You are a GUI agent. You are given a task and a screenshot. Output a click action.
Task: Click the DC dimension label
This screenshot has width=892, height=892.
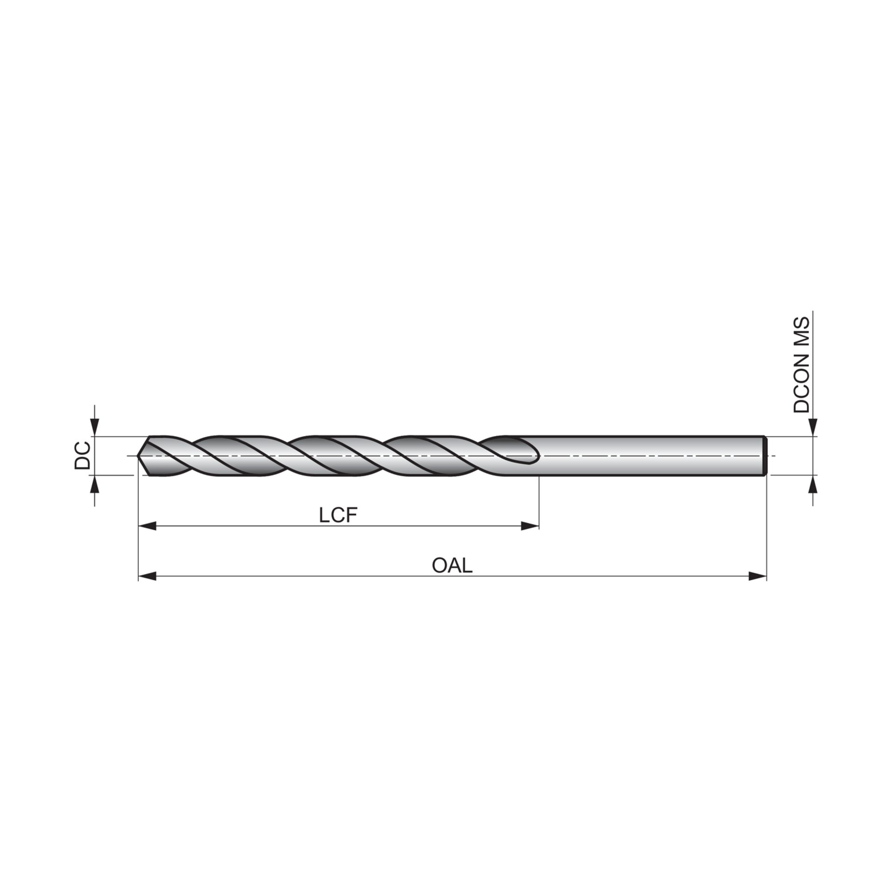coord(82,455)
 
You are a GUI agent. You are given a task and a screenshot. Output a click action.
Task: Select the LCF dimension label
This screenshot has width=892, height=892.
coord(338,516)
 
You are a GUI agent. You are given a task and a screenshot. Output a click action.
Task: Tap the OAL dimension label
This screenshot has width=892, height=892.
coord(452,566)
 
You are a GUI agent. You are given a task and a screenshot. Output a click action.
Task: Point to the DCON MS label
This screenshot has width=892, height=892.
coord(801,365)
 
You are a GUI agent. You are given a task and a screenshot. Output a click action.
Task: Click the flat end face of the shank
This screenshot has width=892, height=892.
coord(765,456)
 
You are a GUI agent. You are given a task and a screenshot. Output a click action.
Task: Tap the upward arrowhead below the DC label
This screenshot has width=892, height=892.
coord(95,483)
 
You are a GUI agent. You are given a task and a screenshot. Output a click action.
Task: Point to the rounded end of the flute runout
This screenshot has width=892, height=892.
coord(537,456)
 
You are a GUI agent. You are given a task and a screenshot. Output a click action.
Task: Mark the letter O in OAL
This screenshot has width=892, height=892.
coord(439,566)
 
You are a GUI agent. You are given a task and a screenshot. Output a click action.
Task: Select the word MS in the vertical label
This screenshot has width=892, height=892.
coord(801,331)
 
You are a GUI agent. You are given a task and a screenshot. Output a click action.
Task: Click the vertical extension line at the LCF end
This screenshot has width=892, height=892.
coord(539,502)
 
